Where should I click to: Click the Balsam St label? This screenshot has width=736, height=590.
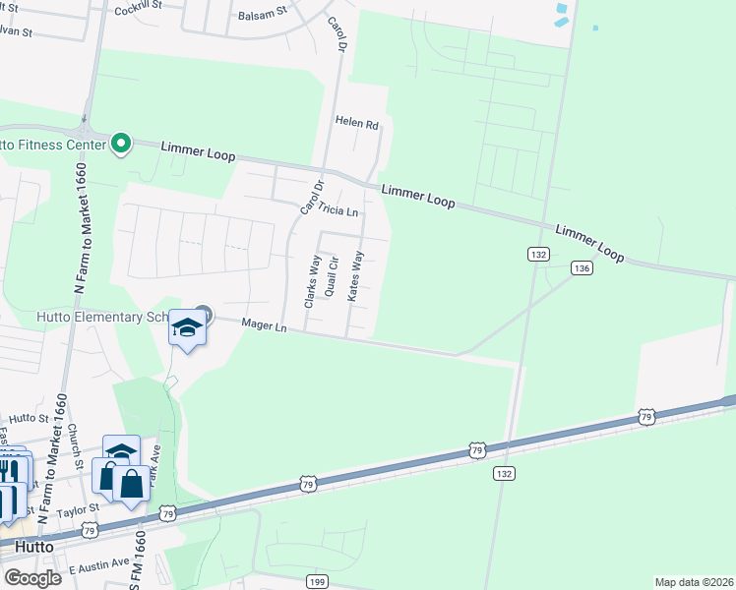261,16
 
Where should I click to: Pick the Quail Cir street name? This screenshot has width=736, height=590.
333,276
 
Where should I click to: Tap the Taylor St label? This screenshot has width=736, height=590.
79,509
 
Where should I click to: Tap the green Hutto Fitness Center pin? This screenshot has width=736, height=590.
122,145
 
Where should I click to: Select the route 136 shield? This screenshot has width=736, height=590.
582,267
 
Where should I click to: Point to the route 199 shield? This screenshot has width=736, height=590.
316,582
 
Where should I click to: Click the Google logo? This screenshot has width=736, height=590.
32,578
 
